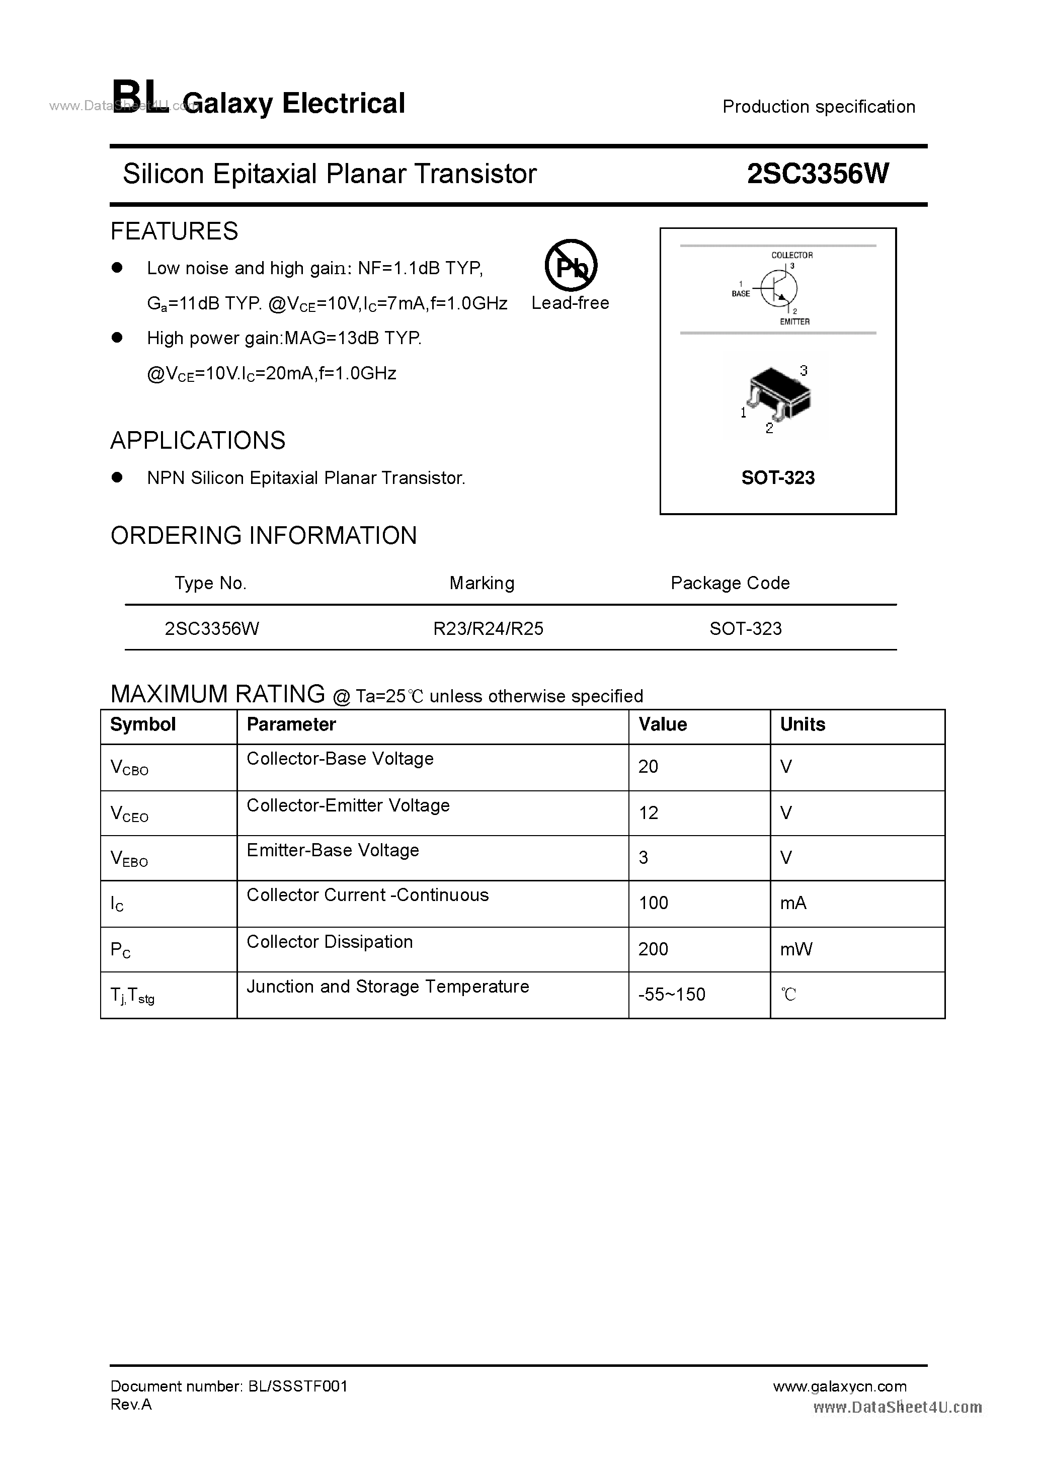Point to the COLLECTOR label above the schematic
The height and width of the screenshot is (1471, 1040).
click(x=791, y=255)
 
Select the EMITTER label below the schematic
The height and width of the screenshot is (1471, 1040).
click(x=794, y=321)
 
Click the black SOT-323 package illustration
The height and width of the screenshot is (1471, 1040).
click(x=778, y=392)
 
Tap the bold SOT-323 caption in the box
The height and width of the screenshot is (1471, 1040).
click(x=777, y=478)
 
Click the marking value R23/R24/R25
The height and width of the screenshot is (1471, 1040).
click(x=488, y=628)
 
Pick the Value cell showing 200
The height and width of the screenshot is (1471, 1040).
click(x=653, y=949)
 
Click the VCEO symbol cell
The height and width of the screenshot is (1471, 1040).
click(x=129, y=813)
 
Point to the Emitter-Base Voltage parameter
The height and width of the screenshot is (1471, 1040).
click(x=333, y=850)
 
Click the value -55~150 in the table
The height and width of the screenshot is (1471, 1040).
click(x=672, y=995)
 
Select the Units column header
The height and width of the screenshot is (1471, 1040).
click(x=803, y=724)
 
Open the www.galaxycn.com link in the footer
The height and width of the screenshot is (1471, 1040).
click(x=839, y=1386)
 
